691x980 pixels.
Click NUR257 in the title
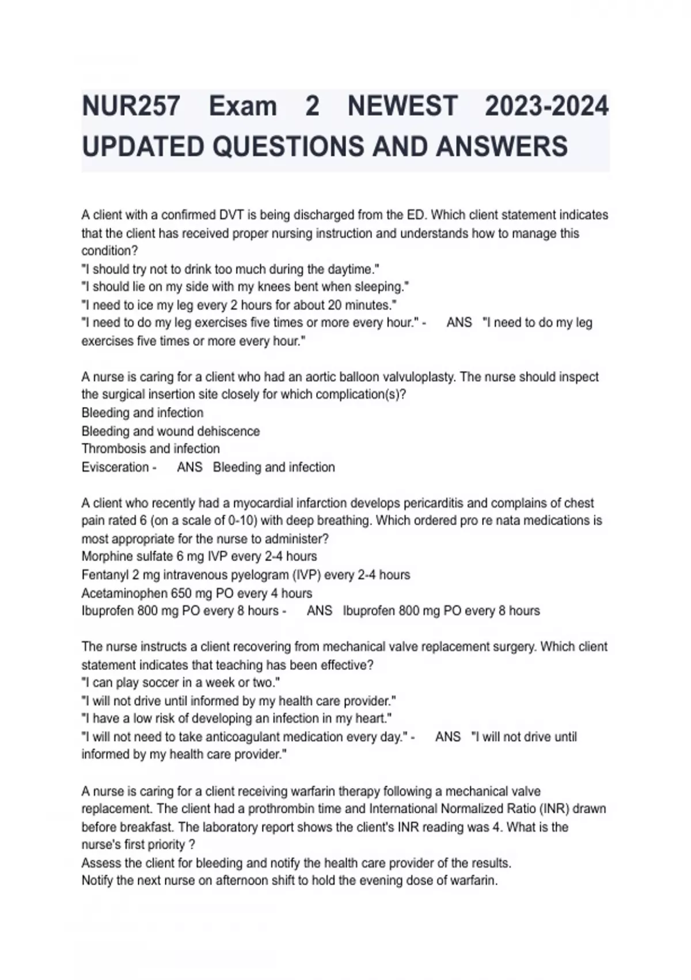click(131, 106)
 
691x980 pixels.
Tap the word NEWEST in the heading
click(403, 106)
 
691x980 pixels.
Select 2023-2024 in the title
click(546, 106)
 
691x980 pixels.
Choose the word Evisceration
click(115, 467)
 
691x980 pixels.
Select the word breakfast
click(145, 827)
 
